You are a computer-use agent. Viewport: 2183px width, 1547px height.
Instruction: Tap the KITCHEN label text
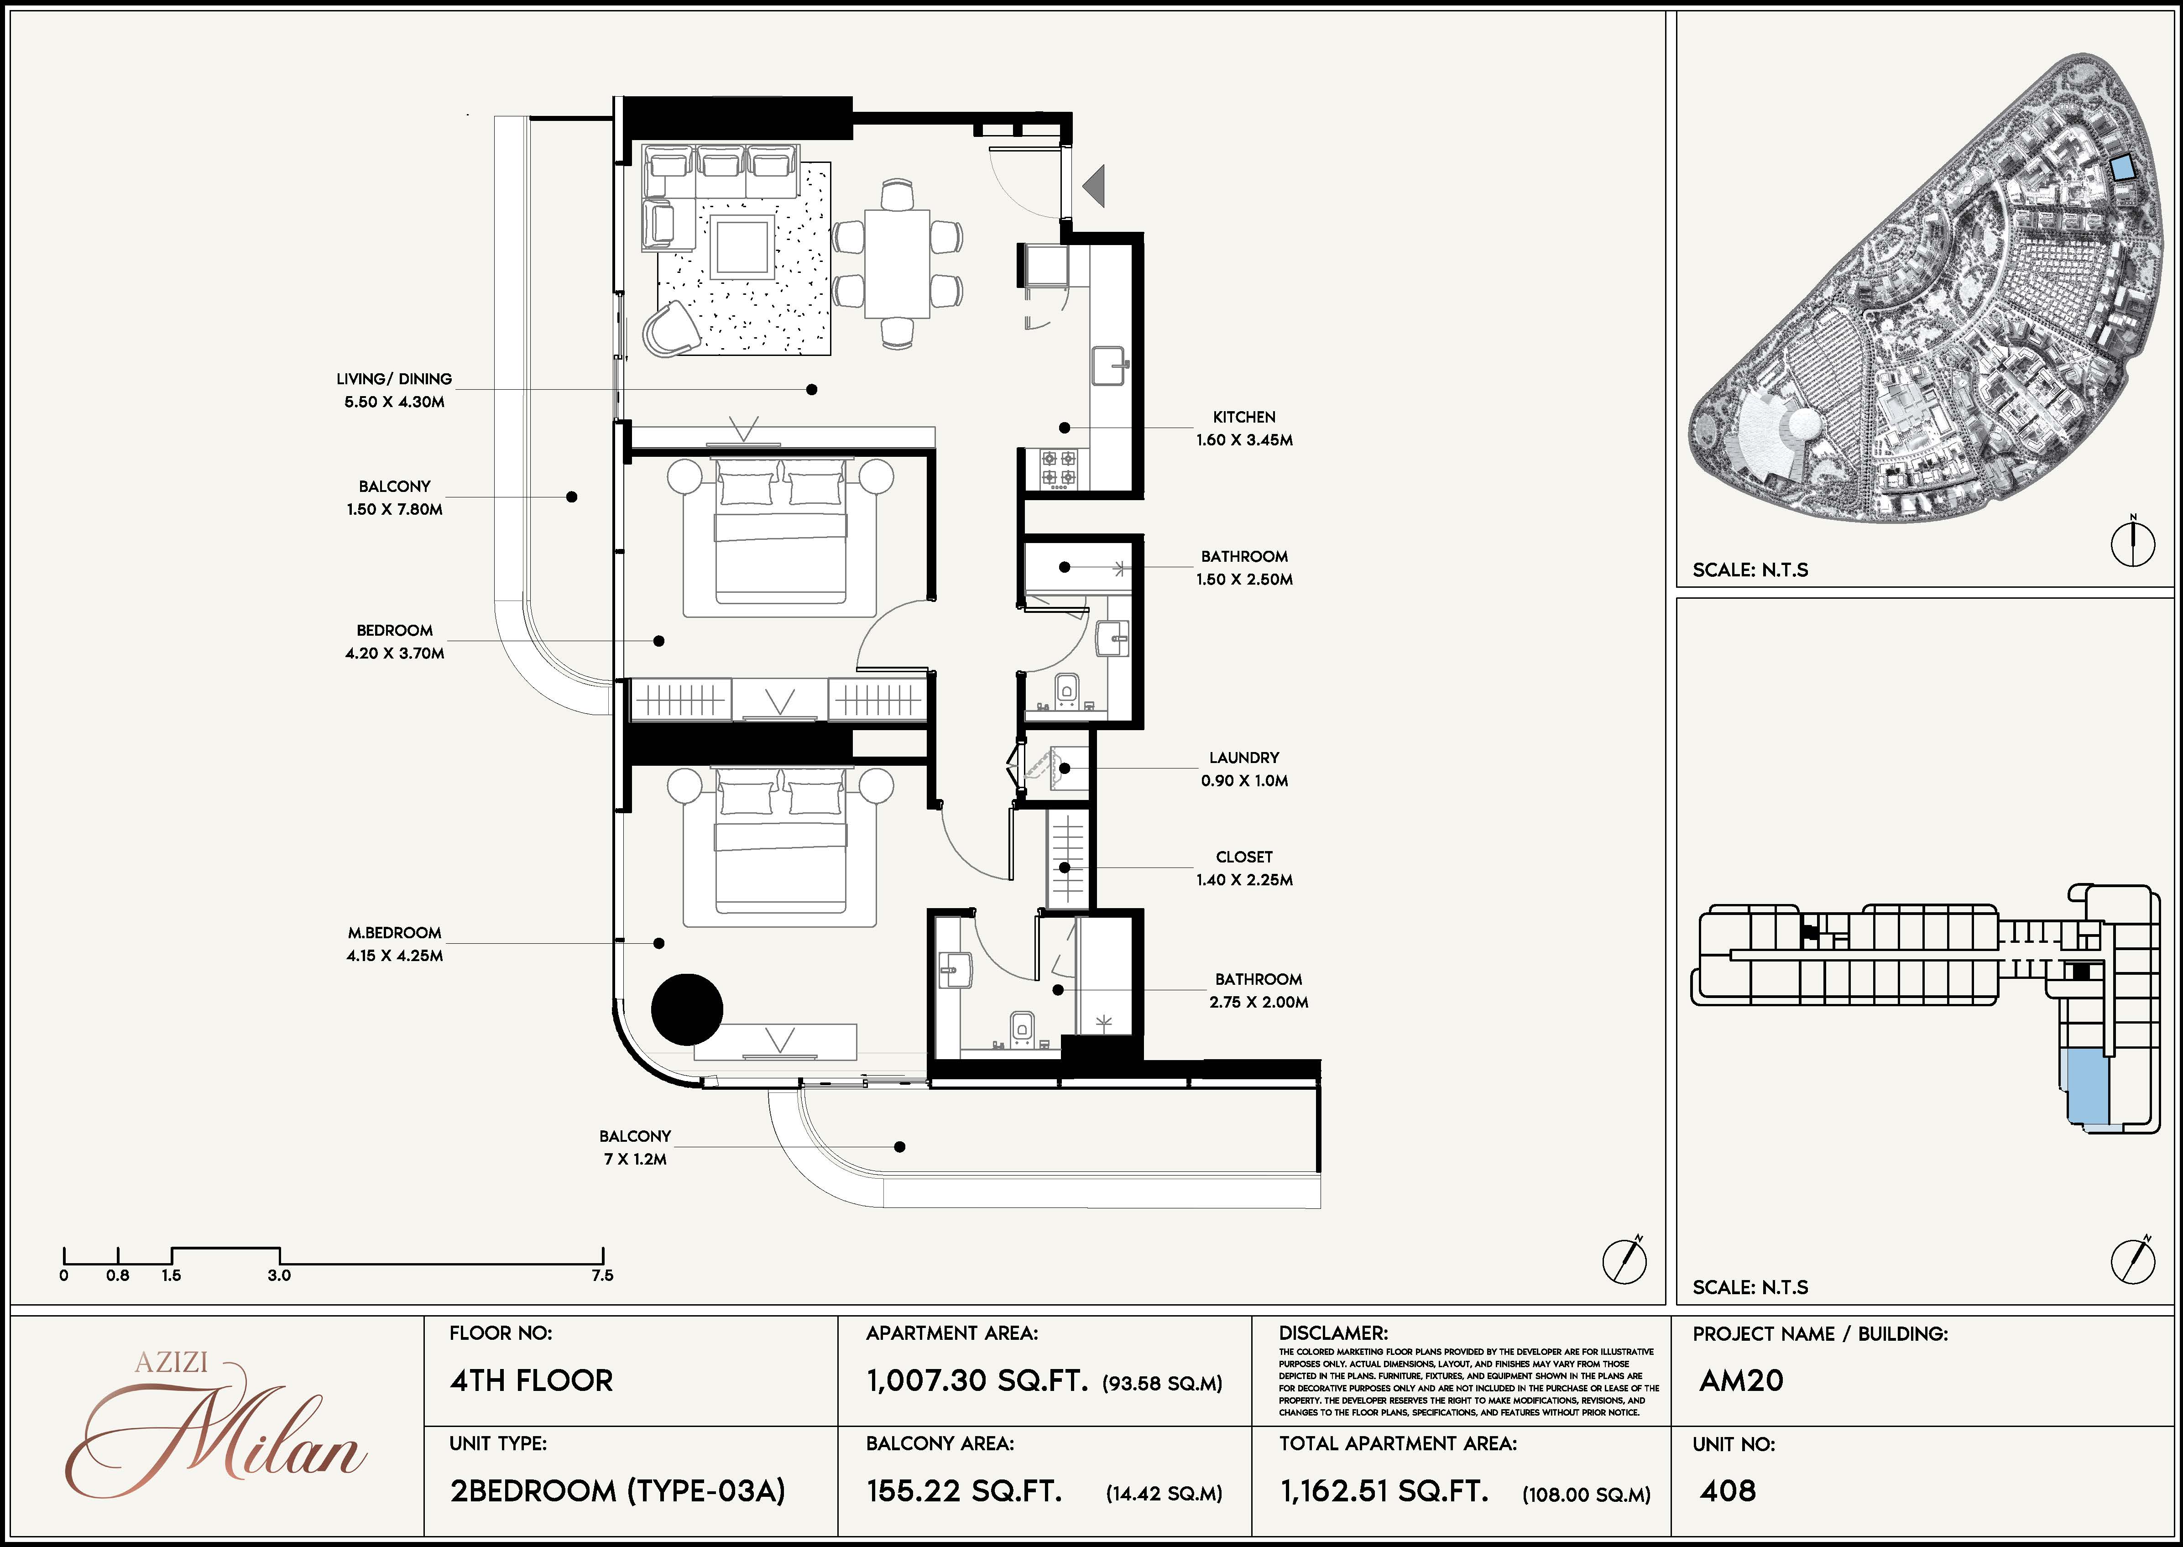point(1244,417)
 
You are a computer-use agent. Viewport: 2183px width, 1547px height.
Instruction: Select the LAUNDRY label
point(1244,758)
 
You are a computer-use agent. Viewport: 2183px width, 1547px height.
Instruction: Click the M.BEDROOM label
point(394,933)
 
